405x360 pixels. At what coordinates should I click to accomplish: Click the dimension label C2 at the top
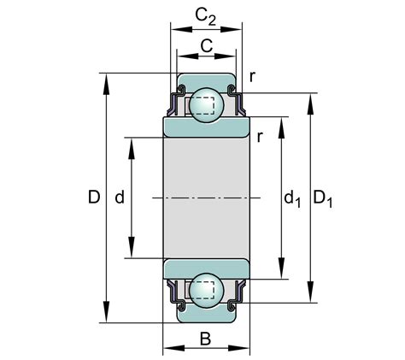pos(204,16)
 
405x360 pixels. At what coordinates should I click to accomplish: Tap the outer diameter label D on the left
pos(94,198)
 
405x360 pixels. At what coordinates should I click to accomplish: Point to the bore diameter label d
pos(120,198)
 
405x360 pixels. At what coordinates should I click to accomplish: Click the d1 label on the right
pos(291,200)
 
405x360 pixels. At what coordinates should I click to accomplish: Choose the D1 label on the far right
pos(323,200)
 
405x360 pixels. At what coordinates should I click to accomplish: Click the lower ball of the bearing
pos(205,291)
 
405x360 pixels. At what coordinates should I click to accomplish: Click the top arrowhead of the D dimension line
pos(106,80)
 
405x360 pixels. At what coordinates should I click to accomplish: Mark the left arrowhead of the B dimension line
pos(167,348)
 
